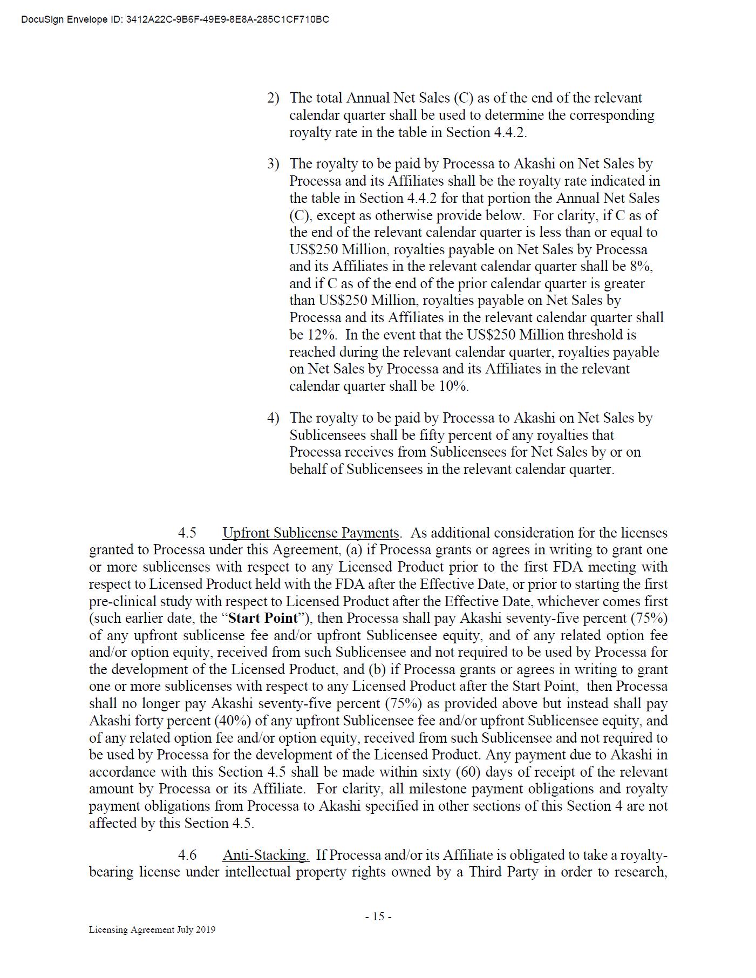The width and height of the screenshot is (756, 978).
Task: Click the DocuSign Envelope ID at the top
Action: [175, 20]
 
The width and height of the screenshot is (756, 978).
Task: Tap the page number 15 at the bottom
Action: [378, 916]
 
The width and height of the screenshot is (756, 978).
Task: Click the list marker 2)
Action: [273, 98]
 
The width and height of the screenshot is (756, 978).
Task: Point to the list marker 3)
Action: [273, 164]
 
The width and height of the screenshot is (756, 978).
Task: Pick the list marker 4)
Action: [273, 418]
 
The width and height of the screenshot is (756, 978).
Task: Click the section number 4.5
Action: [187, 533]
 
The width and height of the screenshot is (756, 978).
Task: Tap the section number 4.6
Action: [187, 855]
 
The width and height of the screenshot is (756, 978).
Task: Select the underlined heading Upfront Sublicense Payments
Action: [311, 533]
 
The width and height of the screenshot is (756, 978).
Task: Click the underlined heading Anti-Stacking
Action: [265, 855]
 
